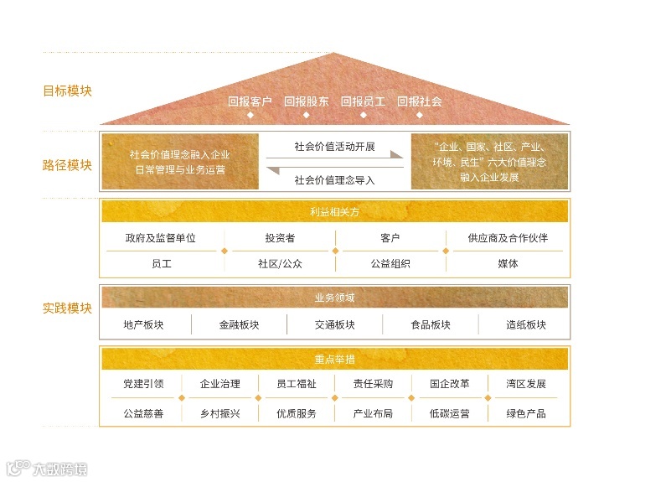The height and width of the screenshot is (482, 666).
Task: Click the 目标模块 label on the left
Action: (67, 91)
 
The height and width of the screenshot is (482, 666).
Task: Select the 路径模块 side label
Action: (67, 165)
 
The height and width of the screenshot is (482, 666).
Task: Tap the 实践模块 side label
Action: (67, 308)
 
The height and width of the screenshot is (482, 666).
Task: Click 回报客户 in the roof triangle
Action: (250, 101)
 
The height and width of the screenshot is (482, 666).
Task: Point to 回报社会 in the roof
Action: (419, 101)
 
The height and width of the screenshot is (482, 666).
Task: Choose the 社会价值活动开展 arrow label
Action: (334, 146)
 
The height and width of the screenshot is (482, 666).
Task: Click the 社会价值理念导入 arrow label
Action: (334, 179)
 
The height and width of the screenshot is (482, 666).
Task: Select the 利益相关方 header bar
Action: (334, 211)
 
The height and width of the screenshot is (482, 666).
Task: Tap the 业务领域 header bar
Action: (334, 298)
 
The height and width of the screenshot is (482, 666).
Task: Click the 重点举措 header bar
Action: (334, 359)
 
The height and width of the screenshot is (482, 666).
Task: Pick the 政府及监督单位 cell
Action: (161, 238)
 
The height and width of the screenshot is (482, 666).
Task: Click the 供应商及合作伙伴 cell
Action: (508, 238)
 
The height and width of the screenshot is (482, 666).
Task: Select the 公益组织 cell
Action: (390, 263)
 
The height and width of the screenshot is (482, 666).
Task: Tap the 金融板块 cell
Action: (240, 325)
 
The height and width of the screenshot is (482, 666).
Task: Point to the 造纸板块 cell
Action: (525, 325)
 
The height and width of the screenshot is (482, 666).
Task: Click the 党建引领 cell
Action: (143, 385)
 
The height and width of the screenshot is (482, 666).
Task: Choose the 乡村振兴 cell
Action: (220, 413)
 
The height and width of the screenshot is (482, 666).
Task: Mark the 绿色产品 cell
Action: (526, 413)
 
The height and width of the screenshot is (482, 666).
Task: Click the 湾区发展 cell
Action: (526, 385)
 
